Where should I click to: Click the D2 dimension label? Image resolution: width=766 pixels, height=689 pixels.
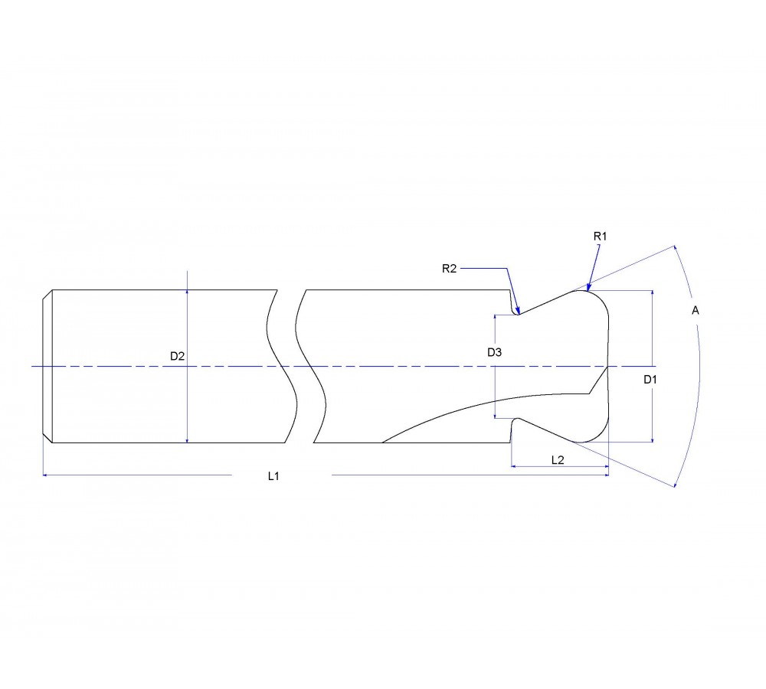pos(177,355)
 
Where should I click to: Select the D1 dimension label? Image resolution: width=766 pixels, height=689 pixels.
pos(650,379)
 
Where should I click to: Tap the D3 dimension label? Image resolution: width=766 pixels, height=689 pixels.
pos(494,352)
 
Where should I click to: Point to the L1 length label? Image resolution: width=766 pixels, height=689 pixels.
pos(273,476)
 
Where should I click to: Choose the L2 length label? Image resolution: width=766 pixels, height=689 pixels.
pos(558,459)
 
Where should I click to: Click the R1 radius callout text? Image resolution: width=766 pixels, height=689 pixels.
pos(600,237)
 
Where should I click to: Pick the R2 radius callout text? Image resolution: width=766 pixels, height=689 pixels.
pos(450,268)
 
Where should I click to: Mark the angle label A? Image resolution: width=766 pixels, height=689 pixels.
pos(695,310)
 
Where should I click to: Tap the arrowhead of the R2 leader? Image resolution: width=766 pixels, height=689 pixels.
pos(519,312)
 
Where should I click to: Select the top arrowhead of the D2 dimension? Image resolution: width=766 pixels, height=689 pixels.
pos(188,293)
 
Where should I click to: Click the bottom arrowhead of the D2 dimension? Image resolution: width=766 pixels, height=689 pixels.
pos(188,439)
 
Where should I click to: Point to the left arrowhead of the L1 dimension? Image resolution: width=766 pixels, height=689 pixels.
pos(45,475)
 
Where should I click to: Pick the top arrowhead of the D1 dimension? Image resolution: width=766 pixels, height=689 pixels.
pos(652,294)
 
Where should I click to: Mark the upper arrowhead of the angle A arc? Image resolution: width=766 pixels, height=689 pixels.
pos(676,248)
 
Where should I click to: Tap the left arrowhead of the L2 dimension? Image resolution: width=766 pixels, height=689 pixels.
pos(513,466)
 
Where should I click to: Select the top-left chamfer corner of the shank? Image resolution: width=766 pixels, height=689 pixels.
pos(51,290)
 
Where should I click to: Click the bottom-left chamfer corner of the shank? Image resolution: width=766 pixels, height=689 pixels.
pos(51,442)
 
